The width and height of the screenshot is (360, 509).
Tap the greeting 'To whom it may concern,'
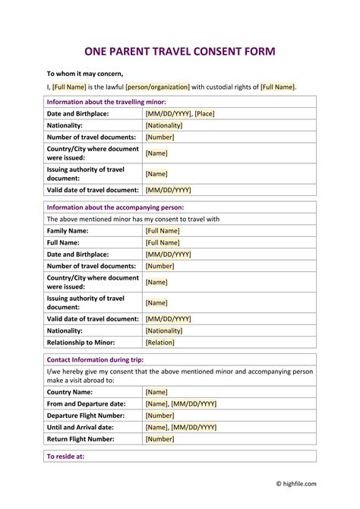[x=85, y=74]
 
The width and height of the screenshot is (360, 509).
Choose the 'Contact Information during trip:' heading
[x=95, y=359]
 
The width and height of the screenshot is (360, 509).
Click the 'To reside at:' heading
[x=65, y=457]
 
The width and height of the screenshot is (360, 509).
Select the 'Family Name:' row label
[x=68, y=230]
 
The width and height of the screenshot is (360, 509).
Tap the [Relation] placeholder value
[x=160, y=343]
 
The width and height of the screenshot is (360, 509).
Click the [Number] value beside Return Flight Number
[x=160, y=439]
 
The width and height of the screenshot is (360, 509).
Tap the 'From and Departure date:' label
[x=87, y=404]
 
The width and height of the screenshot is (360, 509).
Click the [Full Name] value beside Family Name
[x=163, y=230]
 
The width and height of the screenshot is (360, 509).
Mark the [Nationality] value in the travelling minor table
[x=165, y=125]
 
